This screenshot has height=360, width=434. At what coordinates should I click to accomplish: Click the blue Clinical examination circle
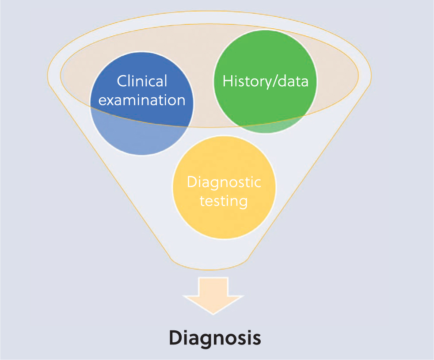pos(142,103)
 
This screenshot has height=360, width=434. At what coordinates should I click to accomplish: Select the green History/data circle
pos(266,81)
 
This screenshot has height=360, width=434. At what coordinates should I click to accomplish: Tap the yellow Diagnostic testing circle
pos(224,188)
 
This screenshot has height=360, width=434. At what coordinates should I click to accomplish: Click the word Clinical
pos(142,81)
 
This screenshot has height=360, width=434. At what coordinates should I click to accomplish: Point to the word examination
pos(142,100)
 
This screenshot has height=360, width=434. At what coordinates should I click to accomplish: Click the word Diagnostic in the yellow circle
pos(224,183)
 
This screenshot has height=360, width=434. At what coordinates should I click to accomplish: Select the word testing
pos(224,201)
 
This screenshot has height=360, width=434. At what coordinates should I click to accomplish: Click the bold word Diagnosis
pos(215,338)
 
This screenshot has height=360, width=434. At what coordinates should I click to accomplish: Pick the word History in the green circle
pos(243,81)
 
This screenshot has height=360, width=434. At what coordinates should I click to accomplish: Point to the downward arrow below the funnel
pos(213,296)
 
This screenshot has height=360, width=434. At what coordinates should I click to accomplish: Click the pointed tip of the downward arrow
pos(213,314)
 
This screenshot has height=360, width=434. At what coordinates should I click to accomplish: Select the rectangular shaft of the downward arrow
pos(213,287)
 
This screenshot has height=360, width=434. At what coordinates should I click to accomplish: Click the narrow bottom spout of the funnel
pos(210,263)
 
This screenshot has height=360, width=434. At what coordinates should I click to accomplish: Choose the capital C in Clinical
pos(122,81)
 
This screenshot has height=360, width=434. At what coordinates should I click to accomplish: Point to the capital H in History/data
pos(228,81)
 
